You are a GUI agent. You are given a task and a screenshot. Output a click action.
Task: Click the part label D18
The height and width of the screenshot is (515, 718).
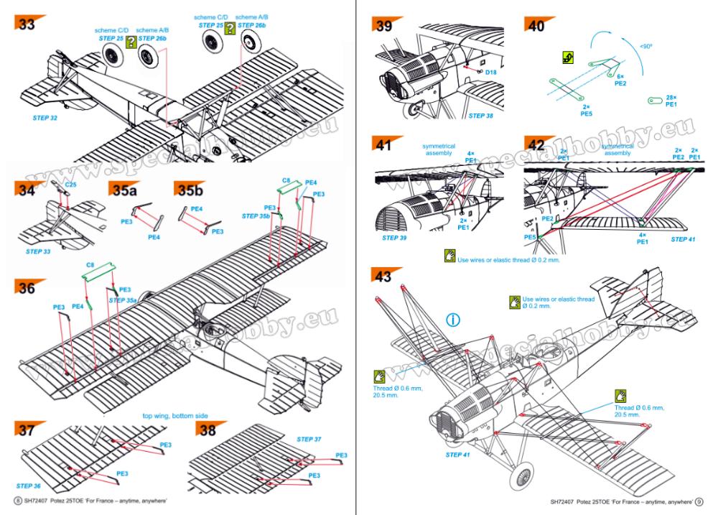pos(490,72)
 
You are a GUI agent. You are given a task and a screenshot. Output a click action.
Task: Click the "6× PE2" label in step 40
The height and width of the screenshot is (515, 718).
pos(621,79)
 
